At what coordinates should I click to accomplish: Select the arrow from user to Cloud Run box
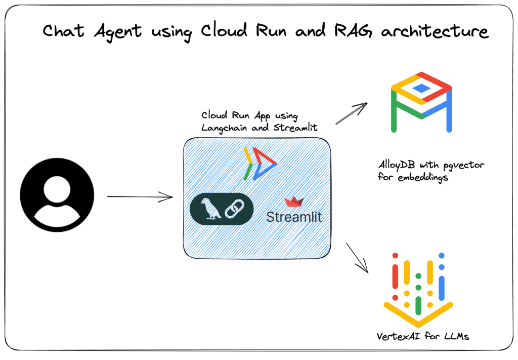(140, 197)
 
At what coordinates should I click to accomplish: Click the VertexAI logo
(418, 289)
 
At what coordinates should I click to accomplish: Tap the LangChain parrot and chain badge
(221, 209)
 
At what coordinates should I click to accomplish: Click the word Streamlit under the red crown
(294, 217)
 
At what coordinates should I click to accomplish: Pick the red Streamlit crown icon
(294, 202)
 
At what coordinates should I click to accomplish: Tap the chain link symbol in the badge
(234, 209)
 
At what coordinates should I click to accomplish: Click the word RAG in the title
(354, 31)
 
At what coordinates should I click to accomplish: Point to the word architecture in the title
(434, 31)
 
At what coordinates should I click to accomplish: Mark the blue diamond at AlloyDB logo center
(421, 88)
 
